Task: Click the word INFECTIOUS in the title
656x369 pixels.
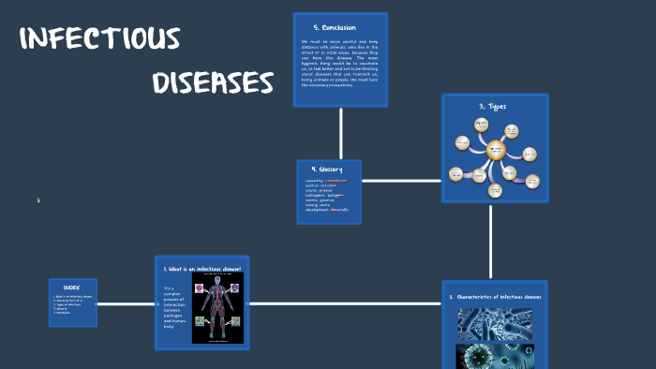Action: click(x=99, y=38)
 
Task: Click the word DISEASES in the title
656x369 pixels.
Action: click(x=213, y=82)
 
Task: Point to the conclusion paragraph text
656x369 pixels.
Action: click(x=339, y=63)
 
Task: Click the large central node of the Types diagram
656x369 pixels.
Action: click(x=495, y=149)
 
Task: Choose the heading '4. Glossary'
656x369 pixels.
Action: click(x=327, y=170)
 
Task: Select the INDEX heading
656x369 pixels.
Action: click(x=72, y=288)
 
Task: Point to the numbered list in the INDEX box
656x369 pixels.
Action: click(x=72, y=303)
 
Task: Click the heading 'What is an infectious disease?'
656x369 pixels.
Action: click(x=202, y=269)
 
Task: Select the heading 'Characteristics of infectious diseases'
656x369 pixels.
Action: click(x=495, y=297)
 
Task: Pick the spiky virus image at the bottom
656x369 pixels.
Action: click(x=495, y=356)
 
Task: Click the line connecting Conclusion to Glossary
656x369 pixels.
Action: click(x=340, y=133)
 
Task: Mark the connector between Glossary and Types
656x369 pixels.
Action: click(x=401, y=181)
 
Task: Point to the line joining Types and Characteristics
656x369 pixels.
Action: click(x=490, y=241)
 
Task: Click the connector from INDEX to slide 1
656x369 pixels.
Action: click(x=126, y=303)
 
